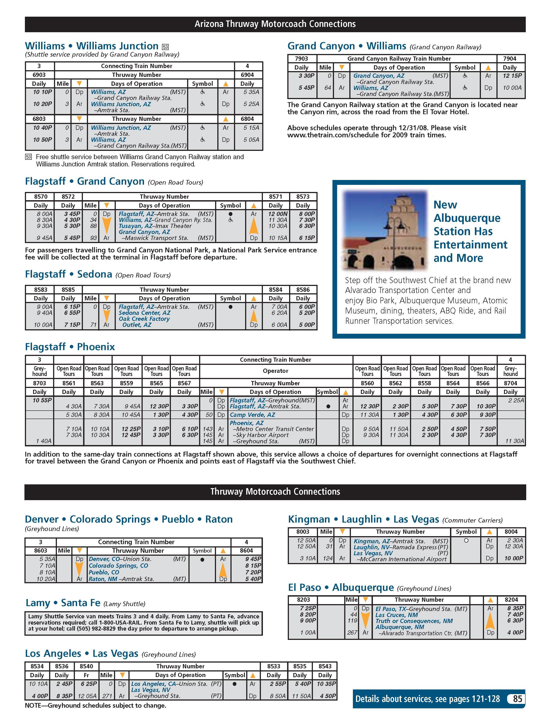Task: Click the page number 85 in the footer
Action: click(x=517, y=699)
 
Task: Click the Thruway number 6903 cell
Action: click(x=39, y=75)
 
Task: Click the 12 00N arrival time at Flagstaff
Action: click(x=278, y=214)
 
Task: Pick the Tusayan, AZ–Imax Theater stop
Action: click(x=155, y=226)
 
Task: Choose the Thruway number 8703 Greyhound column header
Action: click(x=39, y=383)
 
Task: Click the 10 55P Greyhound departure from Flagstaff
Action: click(x=42, y=400)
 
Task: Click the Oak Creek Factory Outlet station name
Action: click(x=144, y=322)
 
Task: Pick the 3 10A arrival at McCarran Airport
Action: click(x=308, y=558)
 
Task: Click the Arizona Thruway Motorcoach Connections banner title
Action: click(x=275, y=24)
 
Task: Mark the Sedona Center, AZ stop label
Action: click(x=144, y=313)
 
